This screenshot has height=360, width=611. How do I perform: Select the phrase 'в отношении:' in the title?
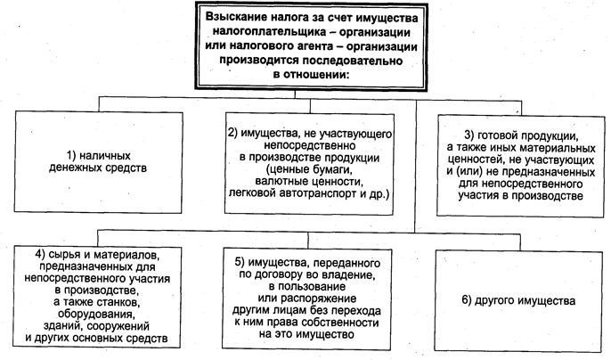pos(305,75)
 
